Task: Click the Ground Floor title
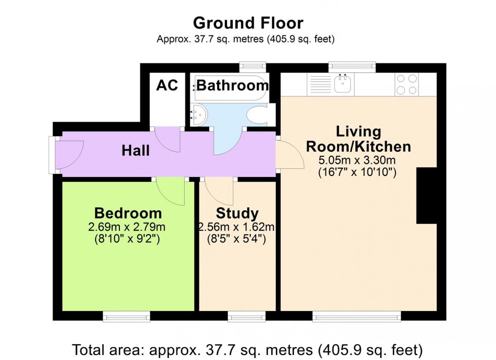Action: tap(248, 23)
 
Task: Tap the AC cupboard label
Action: tap(167, 85)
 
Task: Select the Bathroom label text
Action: tap(232, 85)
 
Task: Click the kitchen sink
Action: tap(344, 84)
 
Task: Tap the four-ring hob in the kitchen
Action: tap(407, 84)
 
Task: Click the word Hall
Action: tap(136, 151)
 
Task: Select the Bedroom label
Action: tap(128, 212)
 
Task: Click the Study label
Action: tap(237, 213)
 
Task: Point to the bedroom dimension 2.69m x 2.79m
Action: tap(127, 226)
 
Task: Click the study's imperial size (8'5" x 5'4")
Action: tap(237, 239)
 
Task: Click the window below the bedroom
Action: tap(126, 317)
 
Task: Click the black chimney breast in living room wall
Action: tap(426, 196)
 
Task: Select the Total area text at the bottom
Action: tap(248, 349)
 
